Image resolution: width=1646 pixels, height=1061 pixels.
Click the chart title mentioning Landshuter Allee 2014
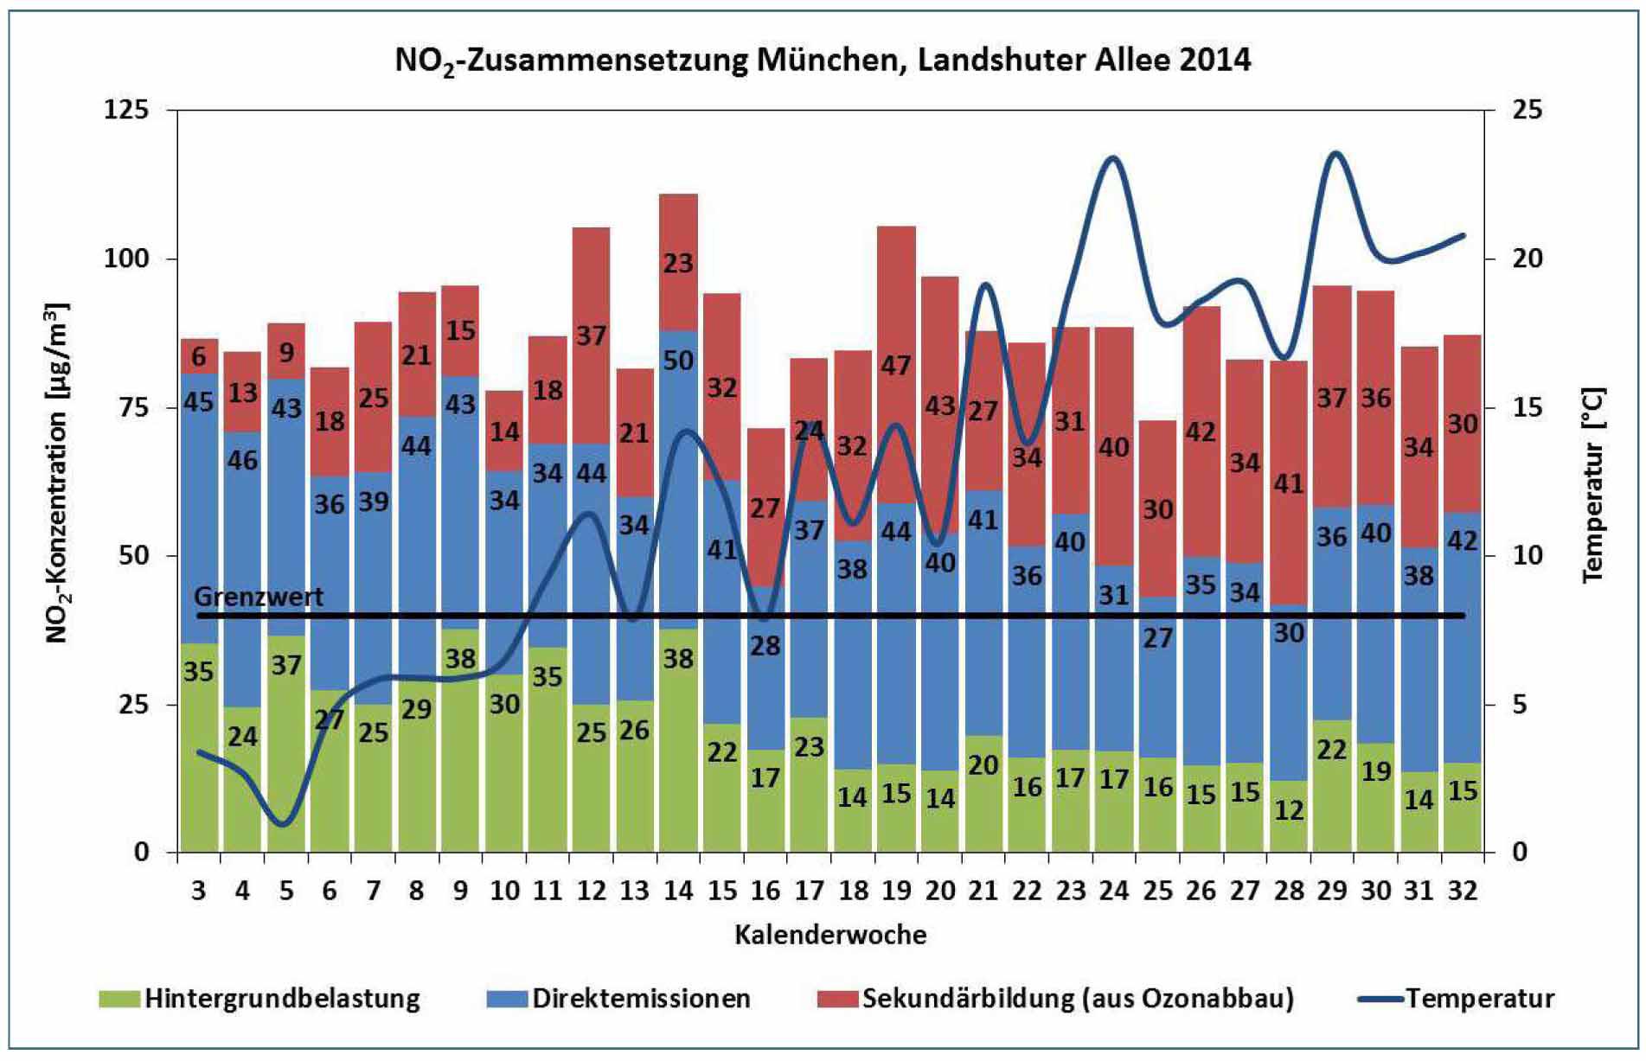(823, 60)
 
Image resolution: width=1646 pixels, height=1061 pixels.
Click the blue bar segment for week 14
(678, 484)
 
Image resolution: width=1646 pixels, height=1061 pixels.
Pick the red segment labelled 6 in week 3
(199, 355)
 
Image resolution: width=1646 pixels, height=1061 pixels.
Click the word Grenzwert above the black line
(259, 597)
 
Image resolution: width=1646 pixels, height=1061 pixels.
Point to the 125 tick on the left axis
(126, 110)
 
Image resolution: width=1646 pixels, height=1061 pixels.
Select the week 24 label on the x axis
(1114, 890)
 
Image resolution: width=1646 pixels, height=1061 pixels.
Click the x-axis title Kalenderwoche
(830, 935)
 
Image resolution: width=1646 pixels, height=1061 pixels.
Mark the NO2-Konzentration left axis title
(57, 473)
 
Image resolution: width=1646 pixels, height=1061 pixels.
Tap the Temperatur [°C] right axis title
(1592, 484)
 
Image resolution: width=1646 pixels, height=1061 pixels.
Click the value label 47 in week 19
(896, 366)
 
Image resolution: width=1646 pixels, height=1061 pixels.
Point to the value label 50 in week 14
(678, 360)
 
